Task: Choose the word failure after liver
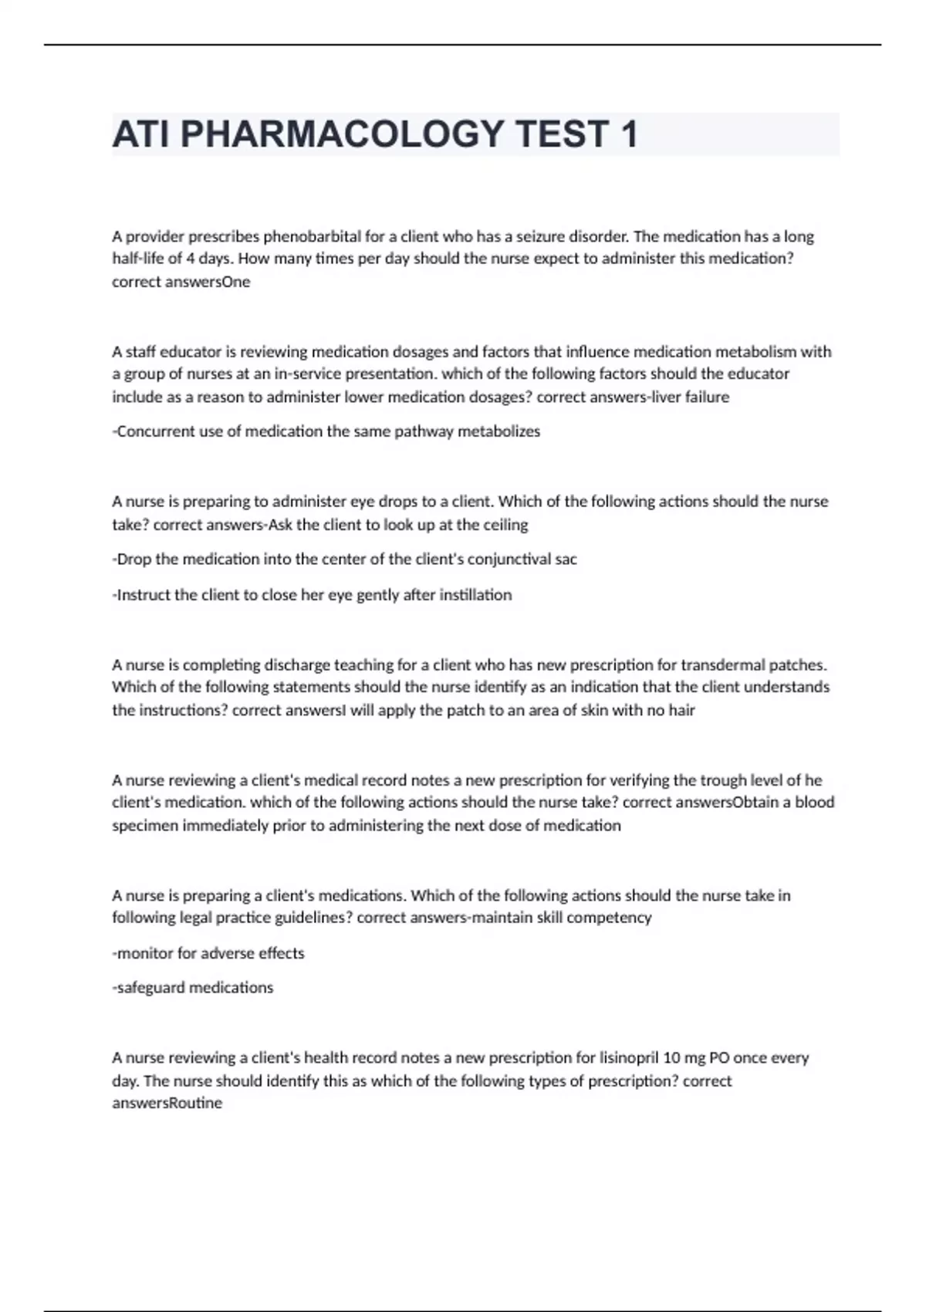pos(707,397)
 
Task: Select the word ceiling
pos(505,525)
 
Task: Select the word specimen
pos(145,826)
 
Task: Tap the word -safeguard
pos(149,988)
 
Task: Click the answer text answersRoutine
pos(167,1104)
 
